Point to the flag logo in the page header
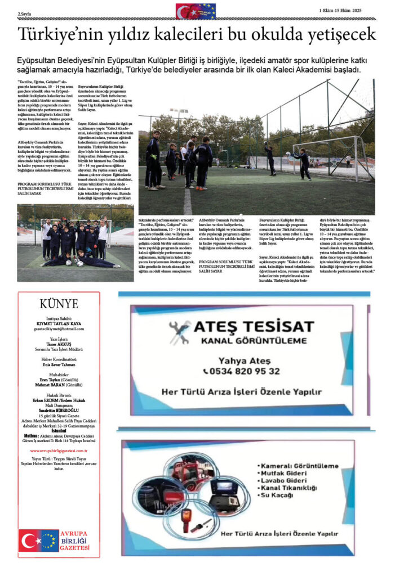(x=196, y=11)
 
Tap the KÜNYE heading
(x=59, y=304)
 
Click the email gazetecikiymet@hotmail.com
(x=58, y=328)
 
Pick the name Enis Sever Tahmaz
(x=59, y=364)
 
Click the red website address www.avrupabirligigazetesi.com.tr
(x=59, y=451)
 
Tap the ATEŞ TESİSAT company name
(x=253, y=327)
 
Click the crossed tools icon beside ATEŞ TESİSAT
(x=180, y=332)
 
